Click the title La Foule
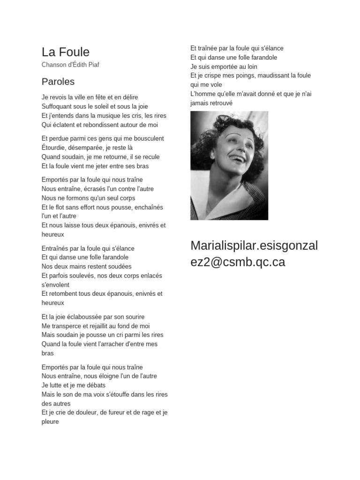point(66,52)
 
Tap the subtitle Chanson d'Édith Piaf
point(70,65)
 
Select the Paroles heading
point(58,82)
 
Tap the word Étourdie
point(53,148)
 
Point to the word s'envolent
point(55,285)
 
